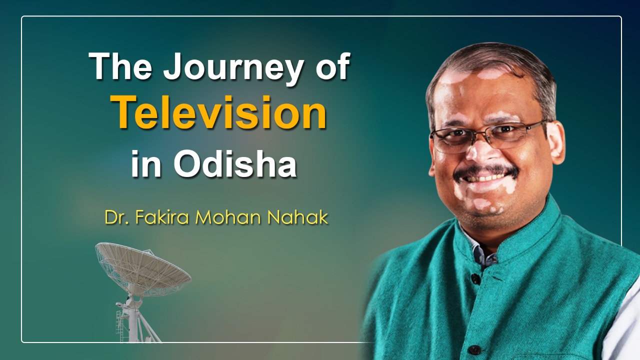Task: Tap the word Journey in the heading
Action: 232,67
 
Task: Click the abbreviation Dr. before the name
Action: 116,217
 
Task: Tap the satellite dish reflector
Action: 143,269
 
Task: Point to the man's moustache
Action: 485,171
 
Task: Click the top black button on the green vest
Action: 474,278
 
